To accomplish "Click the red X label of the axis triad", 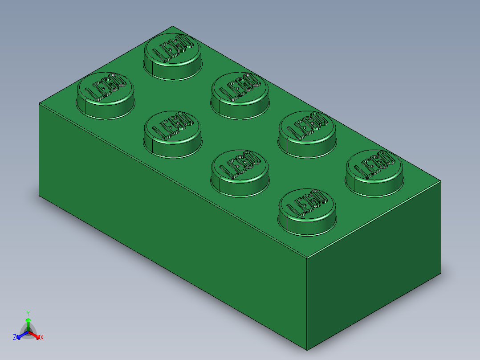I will pos(42,338).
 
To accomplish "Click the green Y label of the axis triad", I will pos(28,313).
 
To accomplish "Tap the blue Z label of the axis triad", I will pos(15,337).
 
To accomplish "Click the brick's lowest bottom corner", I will pos(307,350).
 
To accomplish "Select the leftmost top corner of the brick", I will pos(39,103).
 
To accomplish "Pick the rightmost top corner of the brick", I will pos(441,181).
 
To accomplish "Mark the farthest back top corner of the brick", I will pos(173,26).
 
